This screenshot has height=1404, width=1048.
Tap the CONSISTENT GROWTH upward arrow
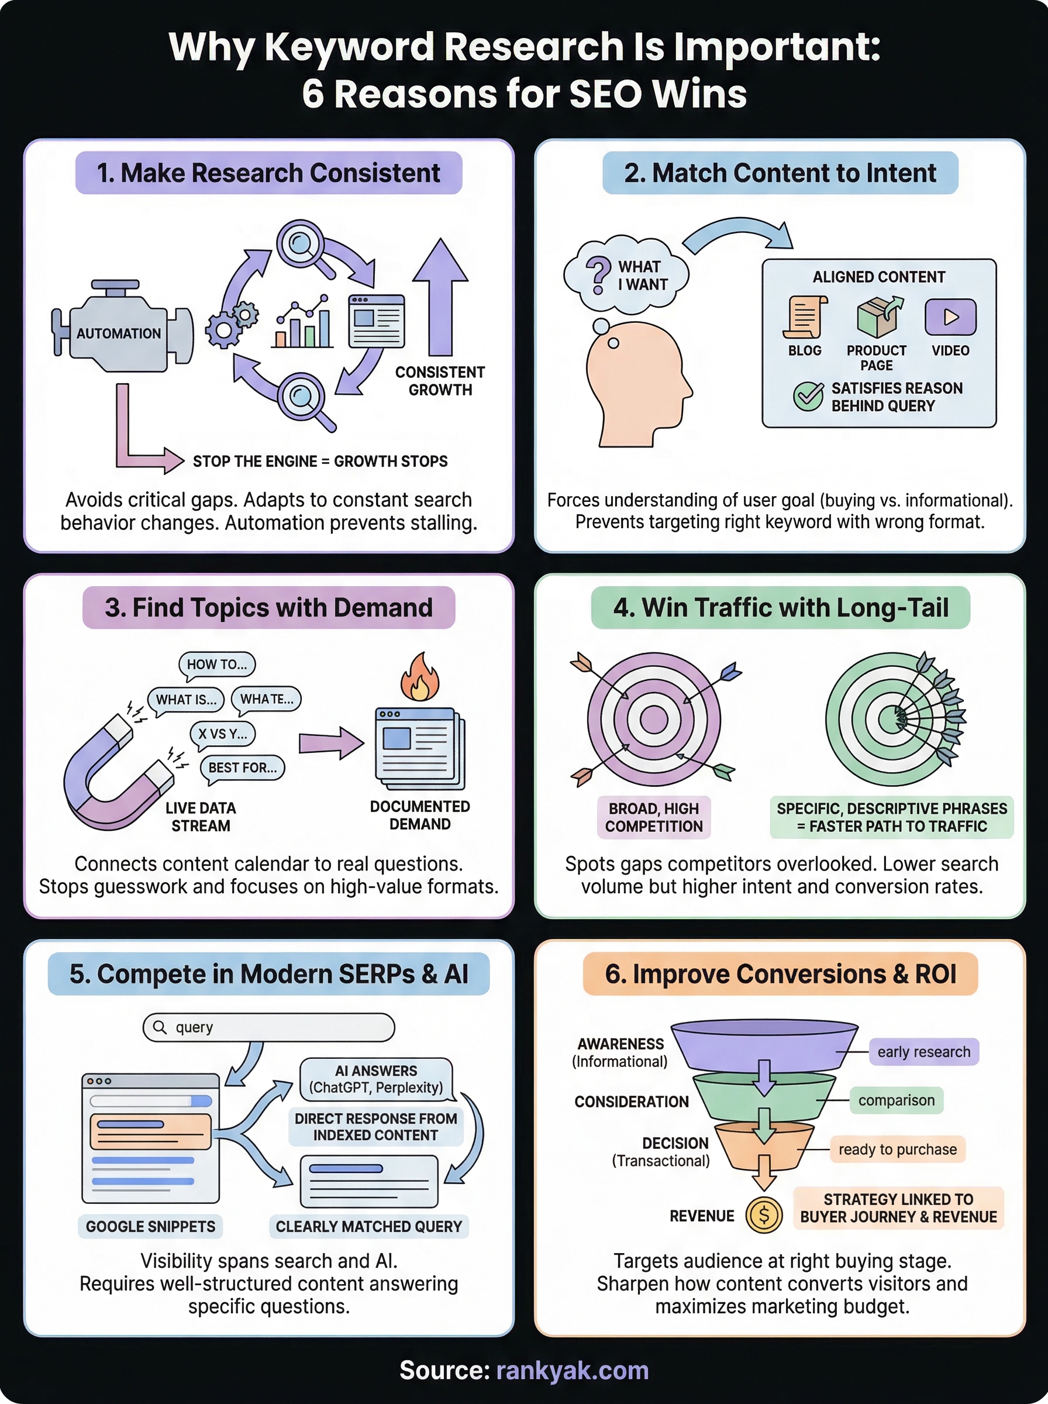pyautogui.click(x=440, y=298)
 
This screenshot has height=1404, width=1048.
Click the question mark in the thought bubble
pyautogui.click(x=598, y=274)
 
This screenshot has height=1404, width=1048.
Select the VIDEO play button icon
pyautogui.click(x=950, y=316)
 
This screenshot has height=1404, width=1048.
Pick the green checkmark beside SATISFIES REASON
pyautogui.click(x=808, y=397)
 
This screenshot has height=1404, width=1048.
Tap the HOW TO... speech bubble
pyautogui.click(x=217, y=664)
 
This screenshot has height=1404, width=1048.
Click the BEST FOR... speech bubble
pyautogui.click(x=242, y=768)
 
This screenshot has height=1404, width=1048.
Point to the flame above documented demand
pyautogui.click(x=419, y=678)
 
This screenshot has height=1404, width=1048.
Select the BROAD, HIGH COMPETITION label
pyautogui.click(x=653, y=817)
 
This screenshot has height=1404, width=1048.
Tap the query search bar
pyautogui.click(x=269, y=1027)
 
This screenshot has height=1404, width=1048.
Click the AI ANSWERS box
pyautogui.click(x=375, y=1079)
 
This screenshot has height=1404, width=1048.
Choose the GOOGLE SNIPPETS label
pyautogui.click(x=150, y=1226)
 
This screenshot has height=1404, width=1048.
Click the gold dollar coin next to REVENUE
pyautogui.click(x=764, y=1216)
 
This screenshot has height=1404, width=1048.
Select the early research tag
pyautogui.click(x=923, y=1052)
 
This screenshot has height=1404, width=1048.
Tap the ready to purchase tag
pyautogui.click(x=897, y=1150)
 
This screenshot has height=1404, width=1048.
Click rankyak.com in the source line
pyautogui.click(x=572, y=1371)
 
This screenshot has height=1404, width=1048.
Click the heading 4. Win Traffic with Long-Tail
pyautogui.click(x=780, y=608)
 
